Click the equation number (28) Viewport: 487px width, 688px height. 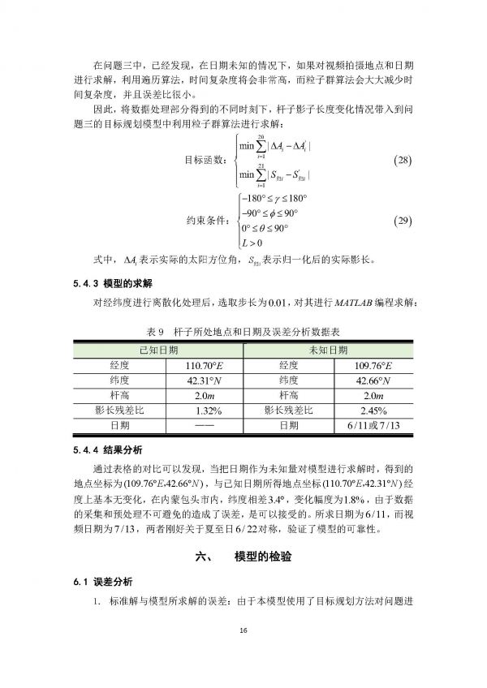point(403,158)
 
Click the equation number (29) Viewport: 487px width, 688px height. point(403,221)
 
